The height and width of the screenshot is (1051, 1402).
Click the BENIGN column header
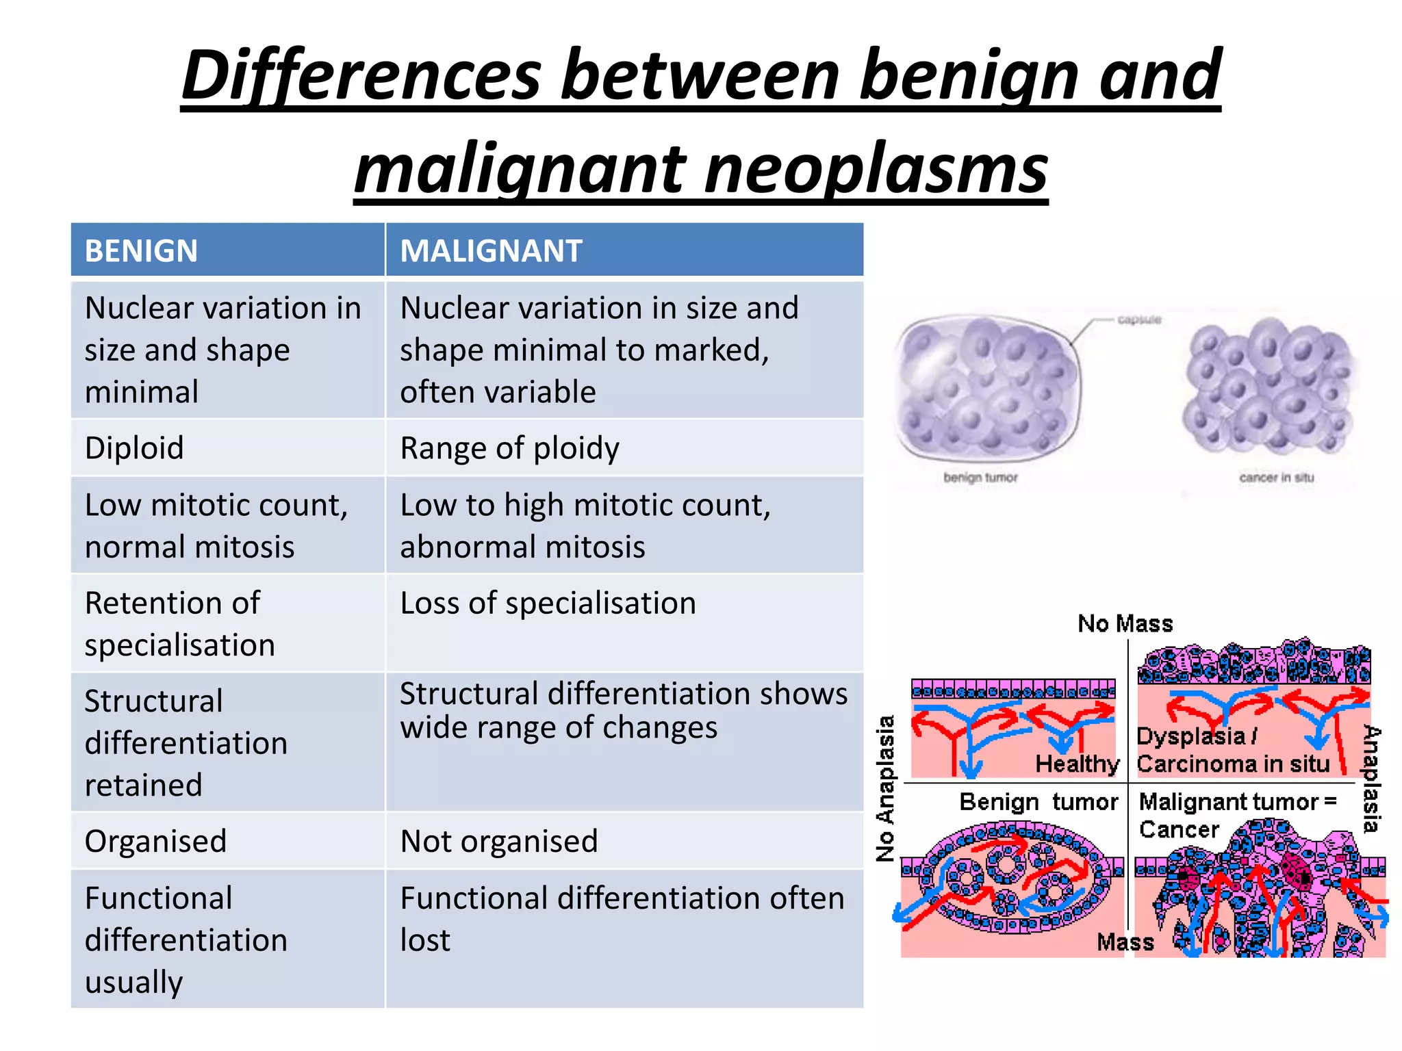coord(141,250)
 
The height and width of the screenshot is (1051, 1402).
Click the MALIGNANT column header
coord(491,250)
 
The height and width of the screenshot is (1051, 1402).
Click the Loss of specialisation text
coord(548,604)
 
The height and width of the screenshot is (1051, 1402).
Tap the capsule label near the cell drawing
coord(1139,320)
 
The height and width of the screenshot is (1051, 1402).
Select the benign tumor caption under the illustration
coord(980,477)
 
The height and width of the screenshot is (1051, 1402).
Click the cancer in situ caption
coord(1276,477)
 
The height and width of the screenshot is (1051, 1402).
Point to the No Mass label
coord(1125,623)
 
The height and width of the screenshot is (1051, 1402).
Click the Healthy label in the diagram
coord(1076,764)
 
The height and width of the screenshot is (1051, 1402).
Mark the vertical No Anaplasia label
coord(886,788)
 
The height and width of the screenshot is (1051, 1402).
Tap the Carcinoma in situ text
coord(1232,764)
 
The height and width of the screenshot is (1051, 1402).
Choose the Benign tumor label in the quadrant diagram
coord(1038,801)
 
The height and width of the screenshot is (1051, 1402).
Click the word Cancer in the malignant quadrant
coord(1179,829)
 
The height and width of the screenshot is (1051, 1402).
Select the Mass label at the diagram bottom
coord(1125,942)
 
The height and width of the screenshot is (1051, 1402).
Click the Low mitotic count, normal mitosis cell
coord(216,525)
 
